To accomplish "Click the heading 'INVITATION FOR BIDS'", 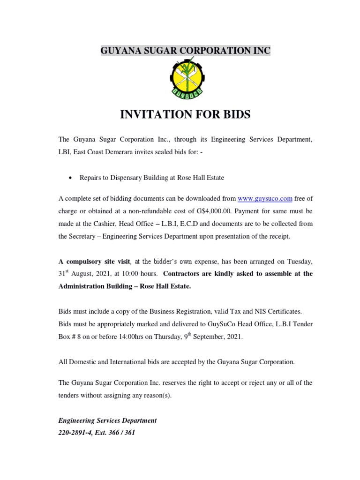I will (185, 114).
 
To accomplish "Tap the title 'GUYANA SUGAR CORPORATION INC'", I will (185, 51).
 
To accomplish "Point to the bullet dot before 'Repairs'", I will (70, 178).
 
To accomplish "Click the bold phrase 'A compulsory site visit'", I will (94, 261).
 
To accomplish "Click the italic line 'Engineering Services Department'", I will (107, 420).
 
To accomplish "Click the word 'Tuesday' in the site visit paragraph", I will (299, 261).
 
